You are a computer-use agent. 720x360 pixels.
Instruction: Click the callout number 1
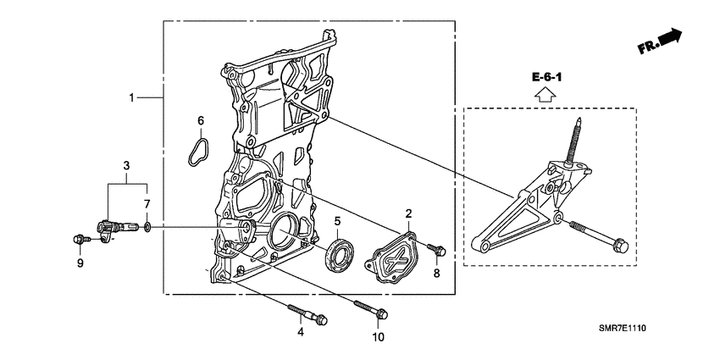pos(131,99)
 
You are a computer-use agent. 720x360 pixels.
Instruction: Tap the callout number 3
pos(125,164)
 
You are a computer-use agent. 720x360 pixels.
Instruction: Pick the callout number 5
pos(336,222)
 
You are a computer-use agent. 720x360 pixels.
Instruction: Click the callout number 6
pos(201,121)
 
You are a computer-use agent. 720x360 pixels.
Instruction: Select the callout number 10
pos(378,337)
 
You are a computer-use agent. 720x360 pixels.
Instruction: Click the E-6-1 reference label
pos(547,78)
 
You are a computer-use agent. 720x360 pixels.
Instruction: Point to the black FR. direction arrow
pos(669,37)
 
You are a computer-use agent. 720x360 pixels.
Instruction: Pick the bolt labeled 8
pos(437,250)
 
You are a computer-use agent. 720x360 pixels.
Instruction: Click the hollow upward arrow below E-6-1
pos(547,94)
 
